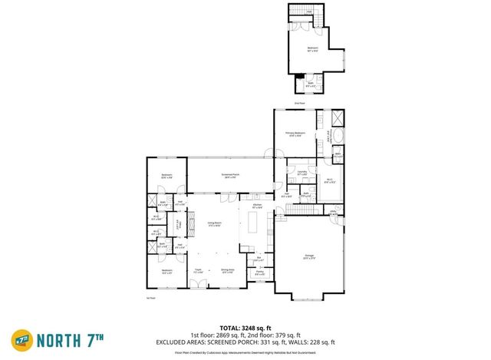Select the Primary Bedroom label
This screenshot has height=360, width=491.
pos(295,134)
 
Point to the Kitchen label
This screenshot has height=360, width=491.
pos(258,206)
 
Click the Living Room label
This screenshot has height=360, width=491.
pos(214,223)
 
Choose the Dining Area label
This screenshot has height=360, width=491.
pos(227,269)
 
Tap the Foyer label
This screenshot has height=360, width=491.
pos(198,269)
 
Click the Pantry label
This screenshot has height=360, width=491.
pos(259,272)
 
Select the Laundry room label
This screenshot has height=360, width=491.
pos(302,173)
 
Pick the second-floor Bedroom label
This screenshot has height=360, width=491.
pos(312,49)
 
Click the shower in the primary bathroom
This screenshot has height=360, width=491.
pos(336,119)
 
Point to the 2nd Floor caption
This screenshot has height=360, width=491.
pos(300,103)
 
